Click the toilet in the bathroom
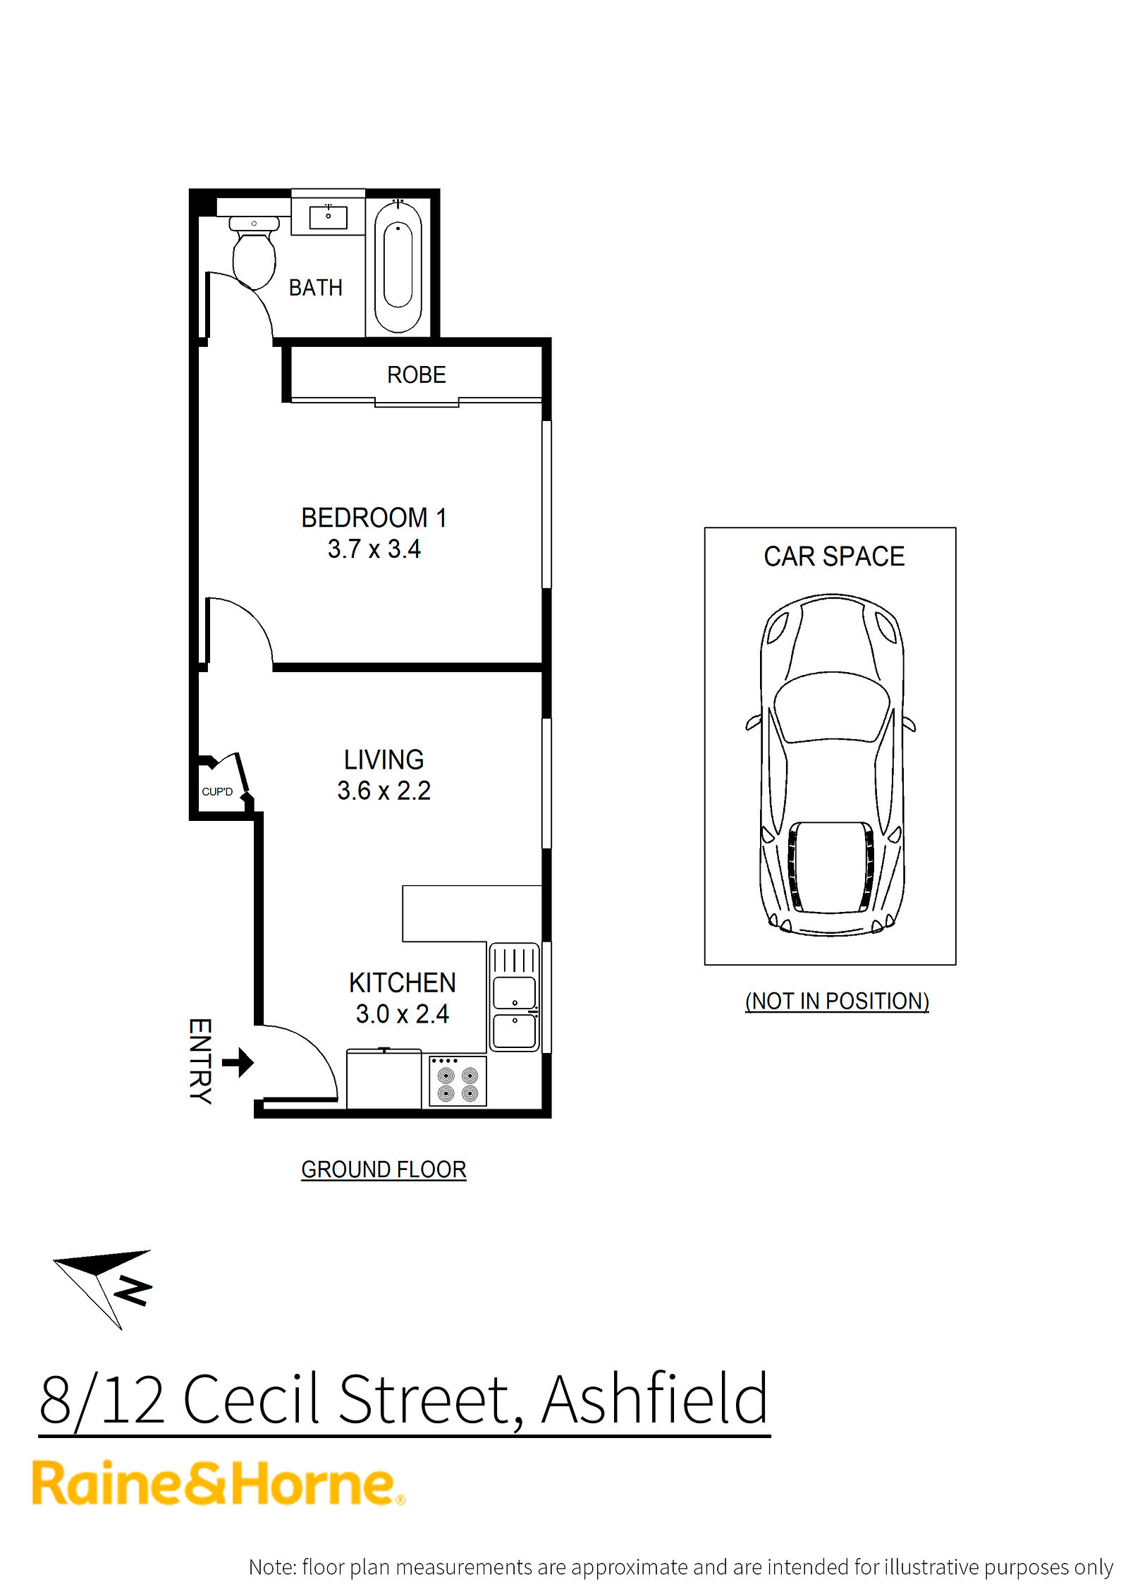[x=254, y=252]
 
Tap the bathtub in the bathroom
[x=398, y=266]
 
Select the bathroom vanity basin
[x=328, y=217]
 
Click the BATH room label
[x=315, y=288]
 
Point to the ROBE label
[x=416, y=374]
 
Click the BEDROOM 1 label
[x=374, y=518]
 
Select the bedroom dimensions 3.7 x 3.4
[x=374, y=549]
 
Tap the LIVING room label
[x=384, y=760]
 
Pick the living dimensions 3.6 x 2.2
[x=384, y=791]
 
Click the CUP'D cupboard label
[x=217, y=791]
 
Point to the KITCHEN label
[x=402, y=982]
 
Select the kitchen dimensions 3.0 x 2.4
[x=402, y=1013]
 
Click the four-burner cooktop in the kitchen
[x=458, y=1080]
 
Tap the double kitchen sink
[x=514, y=997]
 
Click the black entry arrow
[x=238, y=1062]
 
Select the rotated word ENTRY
[x=200, y=1061]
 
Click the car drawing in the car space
[x=831, y=765]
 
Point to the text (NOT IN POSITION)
[x=837, y=1001]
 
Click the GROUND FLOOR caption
[x=384, y=1169]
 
